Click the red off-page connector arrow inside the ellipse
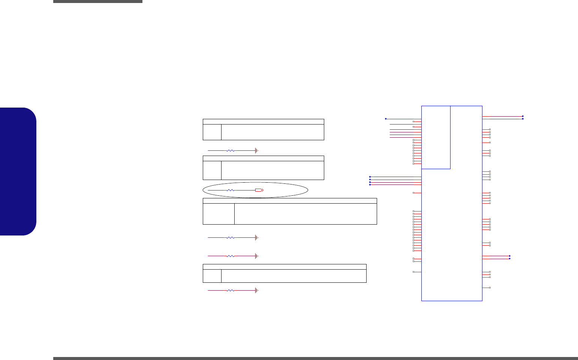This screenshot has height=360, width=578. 259,190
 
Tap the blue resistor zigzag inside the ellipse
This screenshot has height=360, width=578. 231,190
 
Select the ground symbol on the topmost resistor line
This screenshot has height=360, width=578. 256,150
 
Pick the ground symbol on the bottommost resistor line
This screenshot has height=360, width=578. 256,290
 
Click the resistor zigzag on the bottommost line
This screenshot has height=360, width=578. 231,290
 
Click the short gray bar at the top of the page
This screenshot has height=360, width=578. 97,1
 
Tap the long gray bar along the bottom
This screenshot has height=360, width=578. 315,358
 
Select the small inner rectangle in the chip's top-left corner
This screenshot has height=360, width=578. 436,137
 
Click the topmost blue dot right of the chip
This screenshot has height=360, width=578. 523,116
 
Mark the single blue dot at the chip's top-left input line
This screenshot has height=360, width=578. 386,119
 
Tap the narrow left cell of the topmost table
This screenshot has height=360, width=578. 212,132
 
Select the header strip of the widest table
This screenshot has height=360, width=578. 290,201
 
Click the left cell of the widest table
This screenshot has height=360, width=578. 219,214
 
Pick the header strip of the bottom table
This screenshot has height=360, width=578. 285,267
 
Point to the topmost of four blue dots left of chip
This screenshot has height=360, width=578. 370,177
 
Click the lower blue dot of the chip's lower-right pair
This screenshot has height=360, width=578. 509,259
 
